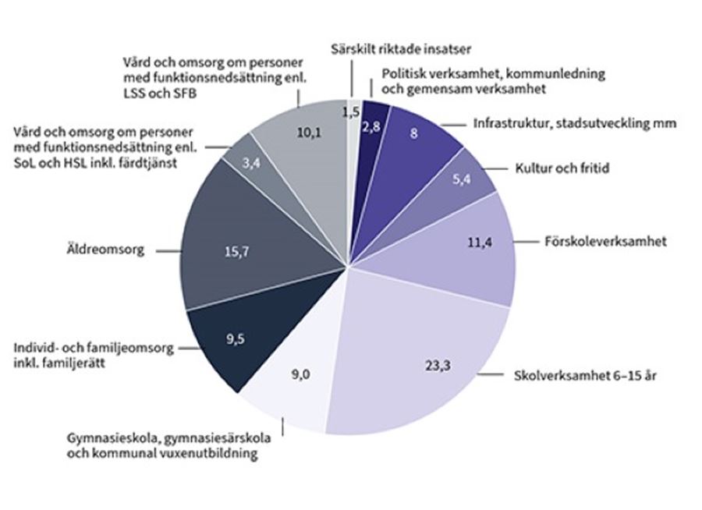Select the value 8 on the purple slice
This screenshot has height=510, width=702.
tap(413, 133)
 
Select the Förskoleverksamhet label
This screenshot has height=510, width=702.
tap(604, 242)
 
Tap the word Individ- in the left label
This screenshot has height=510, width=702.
tap(37, 349)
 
